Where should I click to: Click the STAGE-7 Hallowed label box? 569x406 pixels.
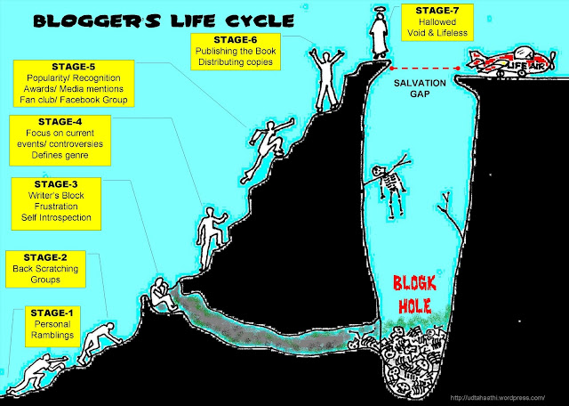(x=437, y=20)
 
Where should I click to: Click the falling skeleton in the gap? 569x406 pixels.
(x=389, y=190)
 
